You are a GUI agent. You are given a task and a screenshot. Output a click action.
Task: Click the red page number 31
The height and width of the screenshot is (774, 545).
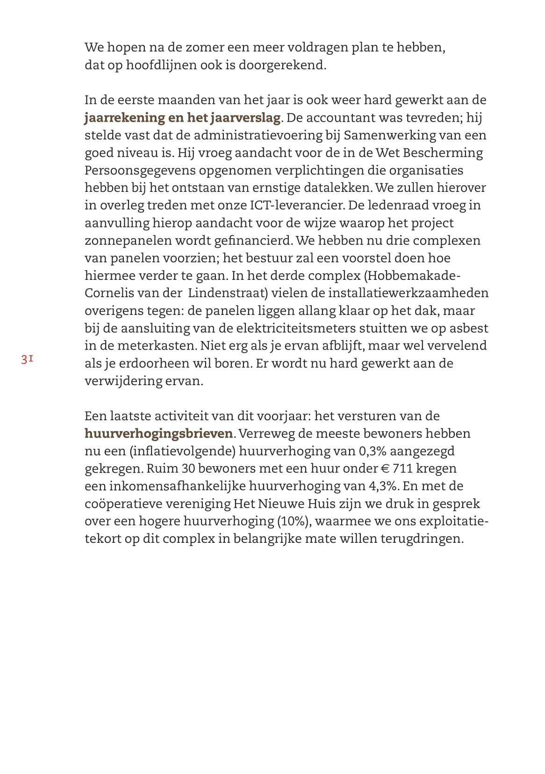[27, 359]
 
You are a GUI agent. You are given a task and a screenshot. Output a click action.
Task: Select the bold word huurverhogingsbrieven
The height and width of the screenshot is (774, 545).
[158, 434]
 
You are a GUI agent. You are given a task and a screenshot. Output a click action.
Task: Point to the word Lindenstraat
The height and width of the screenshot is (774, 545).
[228, 293]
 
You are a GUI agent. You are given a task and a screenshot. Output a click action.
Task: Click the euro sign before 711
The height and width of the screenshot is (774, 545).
[385, 469]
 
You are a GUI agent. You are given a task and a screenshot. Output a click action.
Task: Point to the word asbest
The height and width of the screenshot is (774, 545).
[468, 329]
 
